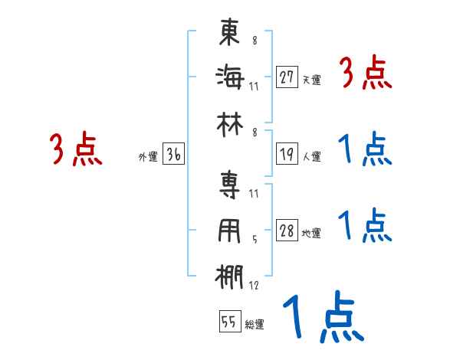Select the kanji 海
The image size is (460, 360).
coord(231,77)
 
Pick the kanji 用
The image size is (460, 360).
coord(231,231)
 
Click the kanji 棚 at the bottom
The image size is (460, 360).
coord(231,277)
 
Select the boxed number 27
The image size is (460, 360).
coord(287,77)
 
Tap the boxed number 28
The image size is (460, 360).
coord(287,231)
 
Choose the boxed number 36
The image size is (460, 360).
coord(173,155)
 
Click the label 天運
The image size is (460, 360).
coord(311,80)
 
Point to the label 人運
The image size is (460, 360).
coord(311,157)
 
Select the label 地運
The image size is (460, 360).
coord(311,234)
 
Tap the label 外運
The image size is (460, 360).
coord(147,157)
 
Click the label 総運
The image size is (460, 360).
coord(255,325)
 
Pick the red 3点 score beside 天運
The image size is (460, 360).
coord(366,74)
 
